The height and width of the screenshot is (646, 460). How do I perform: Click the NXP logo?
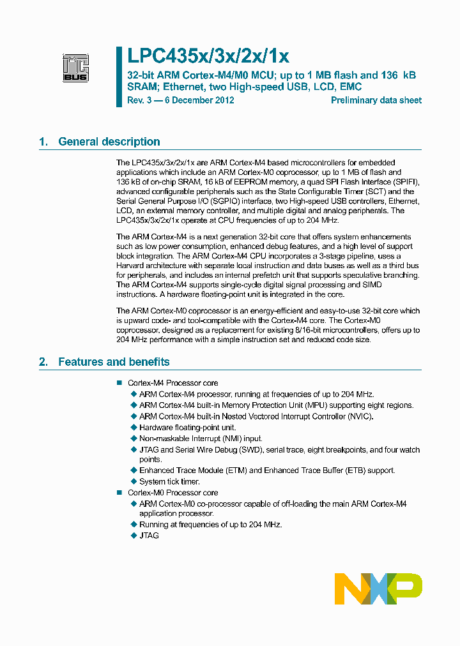click(x=378, y=589)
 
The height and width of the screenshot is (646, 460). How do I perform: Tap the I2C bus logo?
click(x=75, y=68)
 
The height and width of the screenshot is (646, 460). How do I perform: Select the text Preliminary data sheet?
click(x=376, y=100)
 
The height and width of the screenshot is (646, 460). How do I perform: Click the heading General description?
click(x=109, y=142)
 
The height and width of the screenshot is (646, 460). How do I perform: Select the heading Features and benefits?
click(x=114, y=362)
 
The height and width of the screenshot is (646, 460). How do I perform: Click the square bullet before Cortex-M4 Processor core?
click(x=119, y=383)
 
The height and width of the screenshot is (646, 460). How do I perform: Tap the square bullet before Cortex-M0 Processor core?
click(x=119, y=493)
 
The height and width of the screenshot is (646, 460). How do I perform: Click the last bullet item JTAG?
click(x=149, y=536)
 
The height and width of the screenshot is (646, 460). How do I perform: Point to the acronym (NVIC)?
click(x=358, y=416)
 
